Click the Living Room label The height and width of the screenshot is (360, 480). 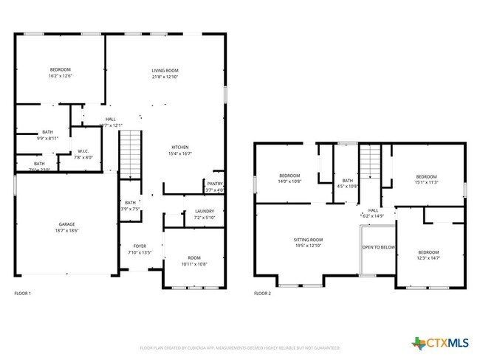[165, 70]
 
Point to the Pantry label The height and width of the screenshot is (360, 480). [215, 184]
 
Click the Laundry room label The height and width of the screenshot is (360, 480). [204, 211]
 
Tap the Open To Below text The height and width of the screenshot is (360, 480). [378, 247]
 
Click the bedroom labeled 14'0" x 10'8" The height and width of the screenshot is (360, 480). [289, 176]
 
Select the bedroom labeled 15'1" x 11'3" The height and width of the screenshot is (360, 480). [426, 176]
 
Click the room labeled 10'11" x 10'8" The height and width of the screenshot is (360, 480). [193, 259]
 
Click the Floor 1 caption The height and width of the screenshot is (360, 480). [23, 294]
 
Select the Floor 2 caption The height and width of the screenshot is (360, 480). [262, 294]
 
